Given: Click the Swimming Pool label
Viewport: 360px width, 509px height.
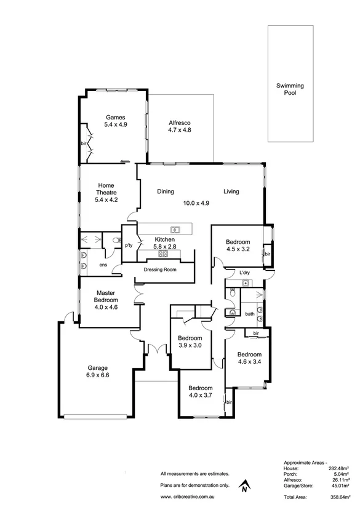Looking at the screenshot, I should (x=289, y=89).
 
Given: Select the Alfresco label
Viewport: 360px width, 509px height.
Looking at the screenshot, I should (x=180, y=122).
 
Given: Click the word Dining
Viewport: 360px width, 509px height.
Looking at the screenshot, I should (x=166, y=191).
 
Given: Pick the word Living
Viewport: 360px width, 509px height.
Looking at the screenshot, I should (x=231, y=191).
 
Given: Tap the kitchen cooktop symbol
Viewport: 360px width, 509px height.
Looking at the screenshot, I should (x=164, y=253).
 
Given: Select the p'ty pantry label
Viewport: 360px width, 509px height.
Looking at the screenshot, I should (x=129, y=246).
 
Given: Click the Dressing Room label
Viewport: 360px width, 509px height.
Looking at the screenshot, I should (x=160, y=270).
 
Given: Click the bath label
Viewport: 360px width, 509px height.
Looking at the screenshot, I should (x=249, y=314).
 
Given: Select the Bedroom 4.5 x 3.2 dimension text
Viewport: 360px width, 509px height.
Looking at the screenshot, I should (x=238, y=249).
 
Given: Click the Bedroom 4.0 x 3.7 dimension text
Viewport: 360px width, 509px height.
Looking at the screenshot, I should (x=201, y=396).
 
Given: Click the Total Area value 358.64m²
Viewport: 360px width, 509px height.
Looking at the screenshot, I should (x=334, y=496).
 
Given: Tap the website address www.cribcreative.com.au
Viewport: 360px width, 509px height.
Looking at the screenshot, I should (x=192, y=496).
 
